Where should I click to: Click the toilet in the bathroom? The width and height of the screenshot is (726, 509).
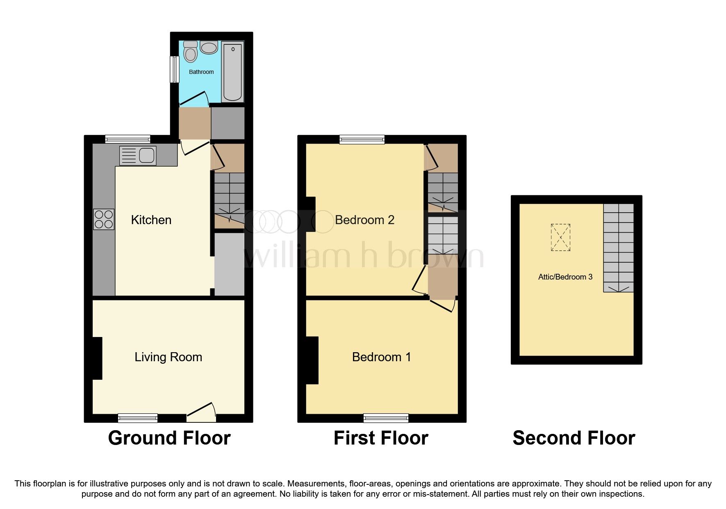pos(191,52)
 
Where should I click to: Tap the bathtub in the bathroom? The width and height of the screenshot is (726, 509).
pos(232,72)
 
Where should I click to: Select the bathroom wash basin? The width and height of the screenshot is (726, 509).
pos(209,48)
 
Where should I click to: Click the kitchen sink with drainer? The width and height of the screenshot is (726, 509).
pos(138,156)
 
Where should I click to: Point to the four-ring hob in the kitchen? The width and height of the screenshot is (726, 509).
pos(104,219)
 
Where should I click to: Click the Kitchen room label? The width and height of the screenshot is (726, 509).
pos(151,220)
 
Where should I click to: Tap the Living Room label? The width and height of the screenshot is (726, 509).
pos(168,357)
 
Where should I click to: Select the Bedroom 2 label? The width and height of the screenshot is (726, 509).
pos(364,220)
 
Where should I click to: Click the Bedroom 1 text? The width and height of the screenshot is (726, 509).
pos(381,357)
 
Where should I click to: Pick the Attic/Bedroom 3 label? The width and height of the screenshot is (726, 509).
pos(565,277)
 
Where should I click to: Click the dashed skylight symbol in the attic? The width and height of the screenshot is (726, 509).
pos(560,237)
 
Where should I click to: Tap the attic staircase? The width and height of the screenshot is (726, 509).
pos(618,248)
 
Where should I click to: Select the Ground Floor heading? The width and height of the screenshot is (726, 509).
pos(169,438)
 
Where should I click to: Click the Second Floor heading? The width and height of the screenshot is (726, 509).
pos(574,438)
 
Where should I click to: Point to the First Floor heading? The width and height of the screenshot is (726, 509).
pos(381,438)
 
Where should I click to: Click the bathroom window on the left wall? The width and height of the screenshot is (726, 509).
pos(175,69)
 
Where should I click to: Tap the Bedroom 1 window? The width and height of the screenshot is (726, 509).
pos(386,418)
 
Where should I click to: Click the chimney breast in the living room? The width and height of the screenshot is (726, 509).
pos(97,358)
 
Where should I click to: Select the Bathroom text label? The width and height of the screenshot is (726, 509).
pos(201,72)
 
